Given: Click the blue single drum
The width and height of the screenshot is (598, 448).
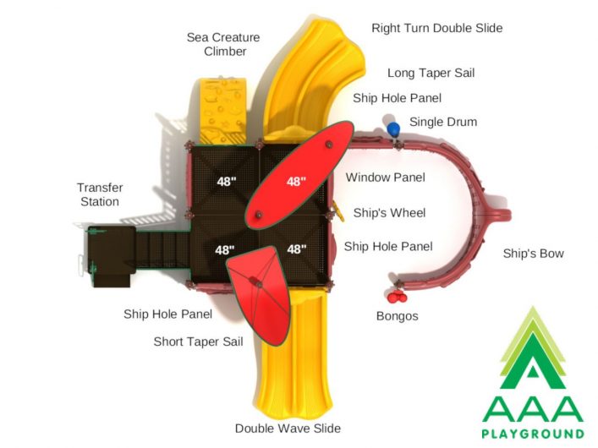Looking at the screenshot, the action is coord(393,128).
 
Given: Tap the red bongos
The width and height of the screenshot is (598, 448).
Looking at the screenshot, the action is coord(396,296).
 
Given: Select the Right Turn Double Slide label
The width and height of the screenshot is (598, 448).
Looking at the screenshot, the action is coord(437,28).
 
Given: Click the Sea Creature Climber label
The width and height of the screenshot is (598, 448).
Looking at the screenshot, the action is coord(223,44).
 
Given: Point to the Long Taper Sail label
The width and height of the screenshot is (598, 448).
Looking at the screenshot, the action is coord(431,73).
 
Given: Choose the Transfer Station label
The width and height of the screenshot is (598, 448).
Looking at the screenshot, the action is coord(100,194).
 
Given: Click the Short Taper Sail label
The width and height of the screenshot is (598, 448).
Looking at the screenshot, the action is coord(198,341).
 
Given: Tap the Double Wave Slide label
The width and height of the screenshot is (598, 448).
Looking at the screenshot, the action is coord(288,429).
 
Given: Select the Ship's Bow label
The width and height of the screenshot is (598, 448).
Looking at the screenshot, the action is coord(533,254).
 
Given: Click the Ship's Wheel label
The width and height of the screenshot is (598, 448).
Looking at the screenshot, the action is coord(389,212).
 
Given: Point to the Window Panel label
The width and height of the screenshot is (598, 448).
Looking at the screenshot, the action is coord(385,178).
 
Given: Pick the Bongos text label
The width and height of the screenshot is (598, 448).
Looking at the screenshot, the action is coord(397,316).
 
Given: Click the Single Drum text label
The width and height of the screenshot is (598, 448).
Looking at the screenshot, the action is coord(443,122).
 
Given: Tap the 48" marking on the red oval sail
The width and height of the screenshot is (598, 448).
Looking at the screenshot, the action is coord(296,182).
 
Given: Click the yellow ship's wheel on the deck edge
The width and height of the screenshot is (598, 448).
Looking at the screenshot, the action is coord(338,210).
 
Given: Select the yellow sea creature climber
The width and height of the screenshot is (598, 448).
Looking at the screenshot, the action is coord(222,112).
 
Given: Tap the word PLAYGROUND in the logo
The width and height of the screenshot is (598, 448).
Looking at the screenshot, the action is coord(533,434).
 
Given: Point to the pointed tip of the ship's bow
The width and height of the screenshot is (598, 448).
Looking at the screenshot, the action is coord(509,215).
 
